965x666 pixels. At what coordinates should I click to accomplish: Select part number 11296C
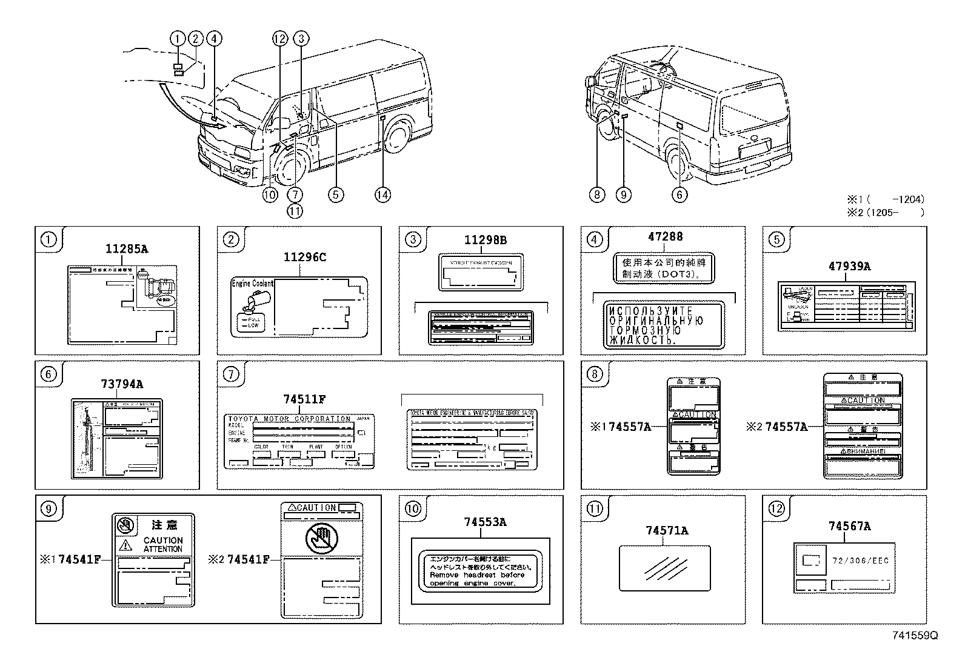(x=304, y=258)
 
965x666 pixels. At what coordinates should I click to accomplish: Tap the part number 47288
(x=665, y=238)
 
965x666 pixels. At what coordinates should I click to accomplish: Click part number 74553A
(x=486, y=522)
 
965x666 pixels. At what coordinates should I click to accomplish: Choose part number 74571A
(x=667, y=531)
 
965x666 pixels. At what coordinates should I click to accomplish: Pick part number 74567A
(x=849, y=527)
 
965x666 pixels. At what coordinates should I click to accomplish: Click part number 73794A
(x=122, y=384)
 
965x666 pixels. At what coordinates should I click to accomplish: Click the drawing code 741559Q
(x=915, y=635)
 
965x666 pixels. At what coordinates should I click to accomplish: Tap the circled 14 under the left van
(x=382, y=195)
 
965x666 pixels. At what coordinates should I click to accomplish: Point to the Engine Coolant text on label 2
(x=252, y=284)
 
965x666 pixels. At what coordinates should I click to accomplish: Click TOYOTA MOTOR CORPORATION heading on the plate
(x=289, y=419)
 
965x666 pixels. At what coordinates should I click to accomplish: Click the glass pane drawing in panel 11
(x=664, y=568)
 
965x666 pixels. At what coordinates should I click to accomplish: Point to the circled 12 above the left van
(x=279, y=39)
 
